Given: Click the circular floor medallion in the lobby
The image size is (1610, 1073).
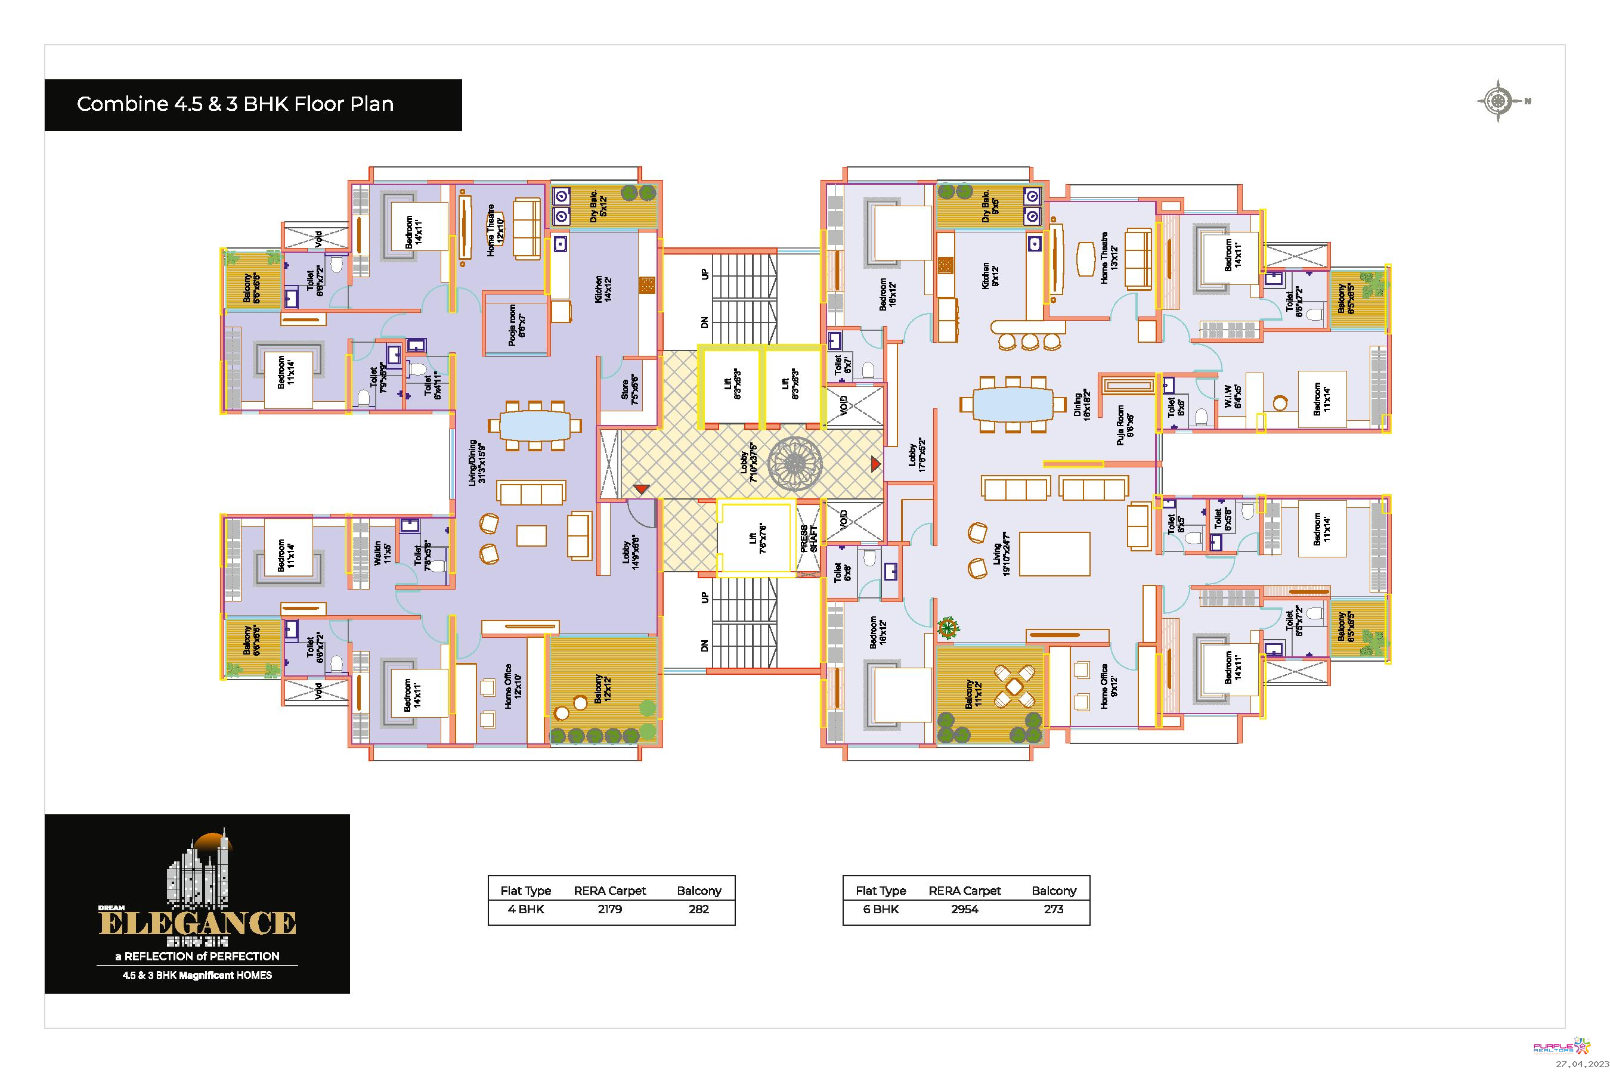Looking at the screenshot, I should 795,464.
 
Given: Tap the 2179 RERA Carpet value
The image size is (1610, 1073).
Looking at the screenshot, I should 609,910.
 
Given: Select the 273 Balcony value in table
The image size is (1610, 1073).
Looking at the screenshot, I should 1053,910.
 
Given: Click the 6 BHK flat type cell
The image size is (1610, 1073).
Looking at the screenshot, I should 880,910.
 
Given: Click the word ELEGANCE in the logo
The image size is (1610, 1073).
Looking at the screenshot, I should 197,923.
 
